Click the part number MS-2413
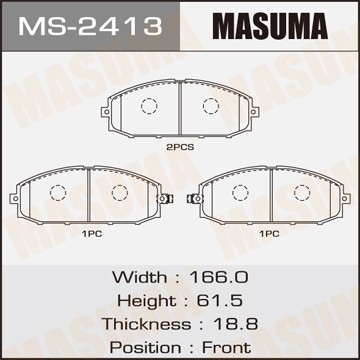pos(90,26)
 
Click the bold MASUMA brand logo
pos(270,26)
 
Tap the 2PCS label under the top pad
pos(180,147)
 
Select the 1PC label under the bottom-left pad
pos(92,234)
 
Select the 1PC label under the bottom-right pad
pos(270,234)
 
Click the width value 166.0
pos(219,277)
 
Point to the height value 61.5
pos(219,301)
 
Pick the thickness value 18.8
pos(235,324)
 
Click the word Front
pos(227,348)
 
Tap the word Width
pos(139,277)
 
